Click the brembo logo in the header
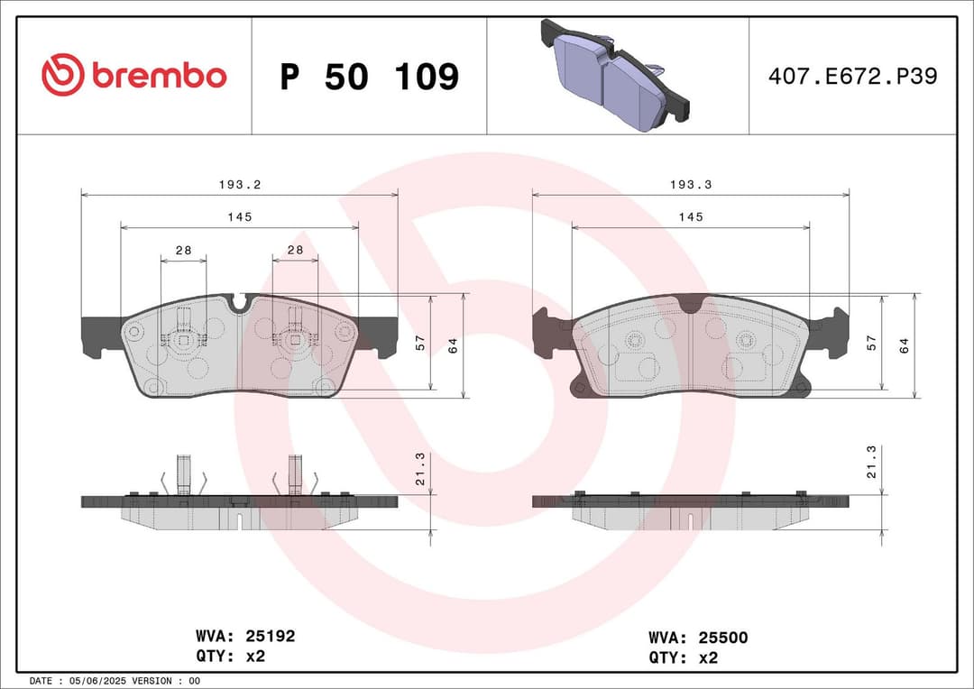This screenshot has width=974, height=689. click(x=134, y=76)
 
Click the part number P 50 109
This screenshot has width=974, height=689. click(x=369, y=77)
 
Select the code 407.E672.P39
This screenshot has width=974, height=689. click(x=852, y=76)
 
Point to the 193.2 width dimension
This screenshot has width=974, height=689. click(x=239, y=184)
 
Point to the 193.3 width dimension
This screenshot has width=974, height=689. click(x=691, y=184)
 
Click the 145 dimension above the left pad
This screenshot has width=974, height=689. click(x=239, y=217)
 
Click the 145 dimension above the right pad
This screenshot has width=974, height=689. click(x=691, y=217)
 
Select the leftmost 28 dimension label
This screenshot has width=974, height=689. click(x=183, y=250)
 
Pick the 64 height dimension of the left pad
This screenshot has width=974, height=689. click(x=454, y=344)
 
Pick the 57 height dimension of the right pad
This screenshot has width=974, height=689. click(x=871, y=342)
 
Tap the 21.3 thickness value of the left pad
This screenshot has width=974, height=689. click(x=421, y=467)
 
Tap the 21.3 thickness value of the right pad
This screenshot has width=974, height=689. click(x=871, y=461)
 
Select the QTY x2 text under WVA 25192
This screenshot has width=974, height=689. click(x=230, y=656)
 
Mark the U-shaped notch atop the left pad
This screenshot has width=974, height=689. click(x=240, y=303)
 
